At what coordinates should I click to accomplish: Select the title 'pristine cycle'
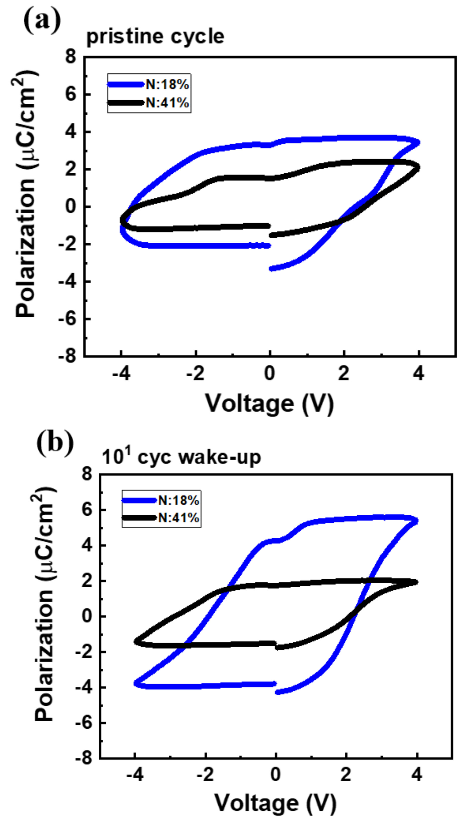coord(155,37)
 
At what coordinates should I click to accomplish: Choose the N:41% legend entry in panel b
coord(179,518)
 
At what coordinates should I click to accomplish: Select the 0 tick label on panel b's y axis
coord(87,616)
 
